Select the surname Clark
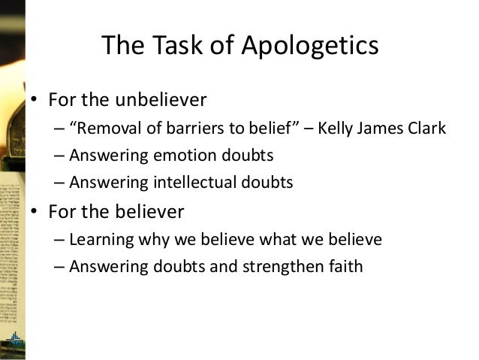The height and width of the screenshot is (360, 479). (425, 129)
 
